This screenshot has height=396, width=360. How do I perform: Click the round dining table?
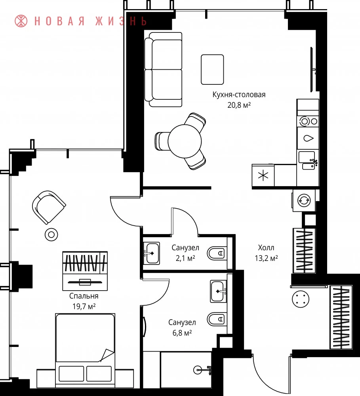(185, 141)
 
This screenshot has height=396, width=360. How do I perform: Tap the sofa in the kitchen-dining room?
(164, 69)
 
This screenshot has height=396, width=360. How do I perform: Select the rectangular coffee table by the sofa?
(212, 69)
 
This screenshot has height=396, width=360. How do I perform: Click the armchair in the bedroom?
(49, 207)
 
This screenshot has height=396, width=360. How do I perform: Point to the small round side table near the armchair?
(51, 234)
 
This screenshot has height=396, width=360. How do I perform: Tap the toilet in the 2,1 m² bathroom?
(216, 253)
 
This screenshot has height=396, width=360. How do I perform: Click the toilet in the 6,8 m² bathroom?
(216, 319)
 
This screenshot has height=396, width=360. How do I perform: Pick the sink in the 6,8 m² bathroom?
(218, 291)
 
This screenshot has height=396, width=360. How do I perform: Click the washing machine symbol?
(304, 200)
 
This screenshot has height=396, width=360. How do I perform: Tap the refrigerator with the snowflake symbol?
(263, 175)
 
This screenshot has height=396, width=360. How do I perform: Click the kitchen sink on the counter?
(308, 160)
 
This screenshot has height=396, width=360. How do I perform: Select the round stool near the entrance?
(301, 299)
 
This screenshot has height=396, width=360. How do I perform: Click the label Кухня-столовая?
(239, 95)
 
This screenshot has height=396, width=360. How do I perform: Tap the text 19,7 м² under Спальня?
(84, 307)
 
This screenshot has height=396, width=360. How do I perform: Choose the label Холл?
(266, 247)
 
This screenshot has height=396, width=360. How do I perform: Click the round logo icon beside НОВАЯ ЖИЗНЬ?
(21, 21)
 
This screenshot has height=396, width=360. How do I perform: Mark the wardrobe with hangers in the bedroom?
(85, 271)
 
